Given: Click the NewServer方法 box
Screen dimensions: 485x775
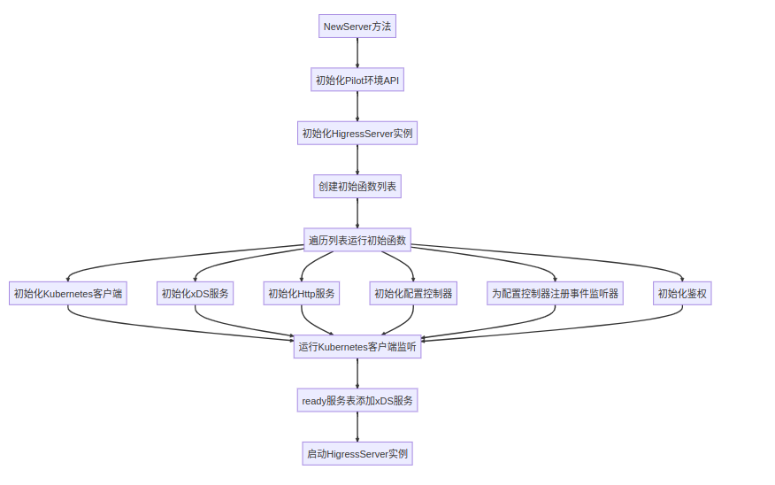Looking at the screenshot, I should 357,27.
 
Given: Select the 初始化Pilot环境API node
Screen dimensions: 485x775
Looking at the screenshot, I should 357,81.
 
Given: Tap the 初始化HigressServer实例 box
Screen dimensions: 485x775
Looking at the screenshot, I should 357,134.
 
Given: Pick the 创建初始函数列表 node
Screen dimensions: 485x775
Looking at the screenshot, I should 357,187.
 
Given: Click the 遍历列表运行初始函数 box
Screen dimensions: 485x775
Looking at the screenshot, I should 357,240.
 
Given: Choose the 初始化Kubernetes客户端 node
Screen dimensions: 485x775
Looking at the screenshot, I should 68,294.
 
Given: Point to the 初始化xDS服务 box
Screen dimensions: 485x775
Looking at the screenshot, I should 196,294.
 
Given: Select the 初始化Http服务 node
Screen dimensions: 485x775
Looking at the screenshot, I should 302,294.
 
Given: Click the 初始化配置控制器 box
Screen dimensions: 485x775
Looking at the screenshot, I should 413,294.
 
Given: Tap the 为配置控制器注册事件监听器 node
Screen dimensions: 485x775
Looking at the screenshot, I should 556,294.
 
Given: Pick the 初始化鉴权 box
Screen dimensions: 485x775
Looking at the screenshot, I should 682,294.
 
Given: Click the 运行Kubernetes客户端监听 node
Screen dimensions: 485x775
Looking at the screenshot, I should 357,347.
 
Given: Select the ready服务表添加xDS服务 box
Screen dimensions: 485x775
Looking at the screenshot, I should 357,401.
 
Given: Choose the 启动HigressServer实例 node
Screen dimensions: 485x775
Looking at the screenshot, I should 357,454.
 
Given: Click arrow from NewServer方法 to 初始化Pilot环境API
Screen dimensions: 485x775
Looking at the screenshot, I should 357,53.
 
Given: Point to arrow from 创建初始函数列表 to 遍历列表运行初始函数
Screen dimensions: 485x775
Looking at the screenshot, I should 357,213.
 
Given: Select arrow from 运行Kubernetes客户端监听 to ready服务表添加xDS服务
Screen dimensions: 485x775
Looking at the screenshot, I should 357,373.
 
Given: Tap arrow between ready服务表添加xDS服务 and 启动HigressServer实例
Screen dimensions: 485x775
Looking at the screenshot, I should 357,427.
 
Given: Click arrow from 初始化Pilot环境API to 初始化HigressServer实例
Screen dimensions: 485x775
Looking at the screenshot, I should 357,107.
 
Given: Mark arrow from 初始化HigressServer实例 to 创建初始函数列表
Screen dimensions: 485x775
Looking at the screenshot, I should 357,160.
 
